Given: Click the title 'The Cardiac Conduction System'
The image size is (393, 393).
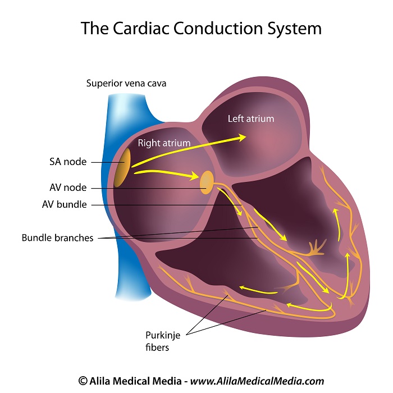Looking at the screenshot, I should (196, 28).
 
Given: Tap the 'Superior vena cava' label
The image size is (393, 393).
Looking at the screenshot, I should (126, 84).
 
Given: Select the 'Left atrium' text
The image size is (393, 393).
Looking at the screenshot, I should (251, 118).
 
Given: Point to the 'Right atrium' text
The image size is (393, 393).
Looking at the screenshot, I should (164, 143).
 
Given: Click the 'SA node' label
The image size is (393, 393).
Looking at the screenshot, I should (68, 162).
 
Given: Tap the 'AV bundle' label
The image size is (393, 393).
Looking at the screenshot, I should (65, 204).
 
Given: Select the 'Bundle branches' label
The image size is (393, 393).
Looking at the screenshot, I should (57, 237).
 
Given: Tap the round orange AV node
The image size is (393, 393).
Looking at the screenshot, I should (207, 182).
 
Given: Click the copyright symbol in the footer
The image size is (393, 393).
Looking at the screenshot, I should (83, 381).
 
